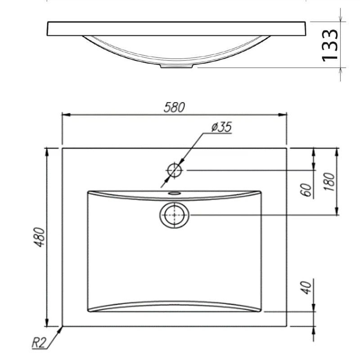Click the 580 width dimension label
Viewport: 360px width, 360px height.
point(174,107)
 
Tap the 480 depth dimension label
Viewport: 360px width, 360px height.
point(40,237)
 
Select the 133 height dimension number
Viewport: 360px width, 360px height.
point(330,45)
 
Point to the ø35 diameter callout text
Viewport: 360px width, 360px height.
point(221,127)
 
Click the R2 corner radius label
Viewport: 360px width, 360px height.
point(39,343)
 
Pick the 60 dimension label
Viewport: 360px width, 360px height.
point(306,190)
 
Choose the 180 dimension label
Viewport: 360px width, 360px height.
point(329,182)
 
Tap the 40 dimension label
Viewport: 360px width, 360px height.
point(306,288)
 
